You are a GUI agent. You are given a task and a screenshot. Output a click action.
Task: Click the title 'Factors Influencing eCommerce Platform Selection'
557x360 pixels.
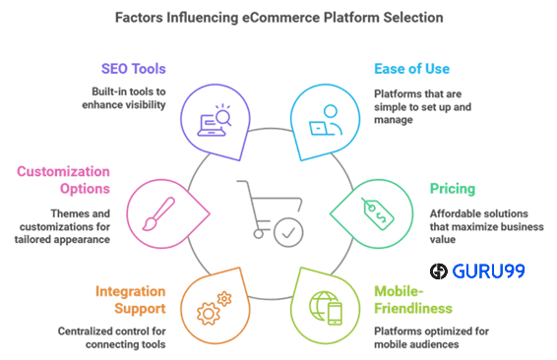[x=278, y=17]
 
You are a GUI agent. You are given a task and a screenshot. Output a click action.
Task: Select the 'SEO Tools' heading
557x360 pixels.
[x=133, y=69]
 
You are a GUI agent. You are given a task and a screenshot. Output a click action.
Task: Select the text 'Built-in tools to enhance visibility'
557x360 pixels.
[x=122, y=97]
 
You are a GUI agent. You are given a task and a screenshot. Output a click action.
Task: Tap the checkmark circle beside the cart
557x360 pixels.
[x=288, y=234]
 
